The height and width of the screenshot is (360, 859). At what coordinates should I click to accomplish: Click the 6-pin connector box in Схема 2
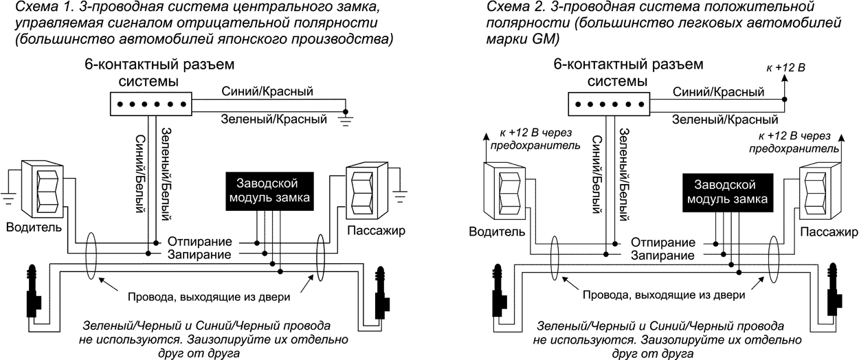609,104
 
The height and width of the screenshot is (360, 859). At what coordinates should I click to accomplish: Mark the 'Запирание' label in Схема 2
658,255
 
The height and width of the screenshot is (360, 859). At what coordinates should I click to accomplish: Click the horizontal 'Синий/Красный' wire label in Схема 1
267,91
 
